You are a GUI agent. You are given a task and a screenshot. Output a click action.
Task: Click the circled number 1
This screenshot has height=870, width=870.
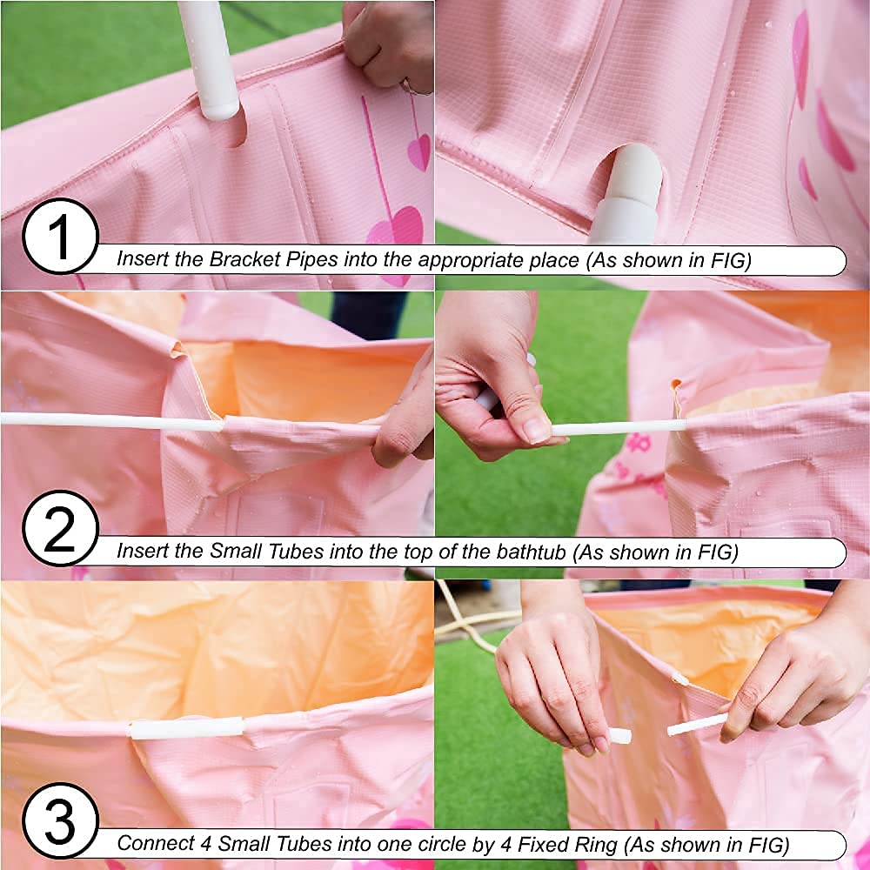(x=61, y=237)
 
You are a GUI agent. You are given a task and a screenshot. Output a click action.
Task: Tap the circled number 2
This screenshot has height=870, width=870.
(x=61, y=528)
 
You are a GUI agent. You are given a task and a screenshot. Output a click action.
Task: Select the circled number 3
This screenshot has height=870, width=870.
(x=61, y=820)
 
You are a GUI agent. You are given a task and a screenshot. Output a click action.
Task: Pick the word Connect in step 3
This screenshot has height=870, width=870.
(x=155, y=843)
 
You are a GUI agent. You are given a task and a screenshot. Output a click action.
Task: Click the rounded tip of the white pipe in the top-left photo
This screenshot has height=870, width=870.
(x=220, y=110)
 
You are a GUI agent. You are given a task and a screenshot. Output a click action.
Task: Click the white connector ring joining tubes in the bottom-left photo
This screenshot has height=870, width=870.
(x=186, y=728)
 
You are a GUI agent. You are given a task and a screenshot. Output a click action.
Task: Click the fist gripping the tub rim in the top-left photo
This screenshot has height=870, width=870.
(x=388, y=44)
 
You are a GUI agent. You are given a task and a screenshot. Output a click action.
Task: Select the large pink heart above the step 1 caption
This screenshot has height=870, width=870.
(x=395, y=227)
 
